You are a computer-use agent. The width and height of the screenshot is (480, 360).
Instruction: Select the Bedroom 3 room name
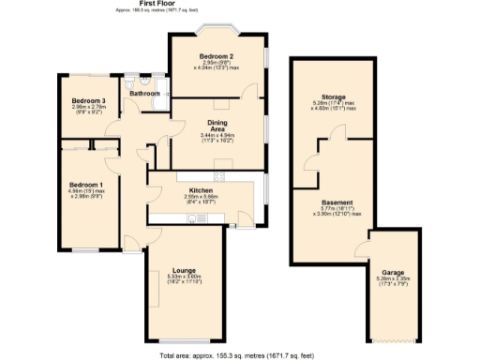(x=90, y=100)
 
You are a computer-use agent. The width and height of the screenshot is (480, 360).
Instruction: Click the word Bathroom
(x=144, y=94)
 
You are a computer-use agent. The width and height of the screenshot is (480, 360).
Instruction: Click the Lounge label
(x=183, y=271)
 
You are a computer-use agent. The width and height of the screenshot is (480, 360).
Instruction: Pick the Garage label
(x=393, y=271)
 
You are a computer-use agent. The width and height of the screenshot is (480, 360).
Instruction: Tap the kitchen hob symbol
(x=222, y=174)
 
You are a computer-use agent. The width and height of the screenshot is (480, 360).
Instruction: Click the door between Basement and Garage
(x=361, y=249)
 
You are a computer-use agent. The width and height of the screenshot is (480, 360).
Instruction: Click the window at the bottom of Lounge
(x=183, y=339)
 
